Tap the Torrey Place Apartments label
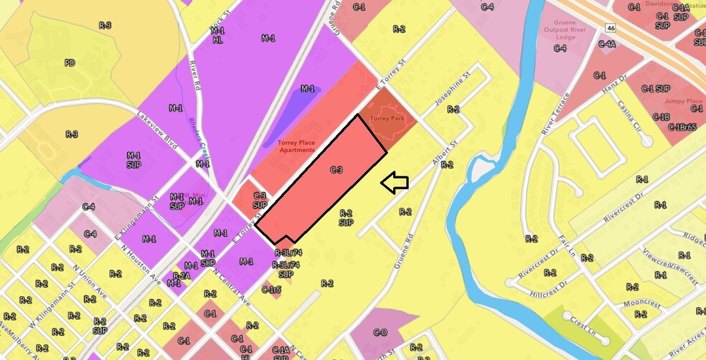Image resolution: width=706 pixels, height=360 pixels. (296, 146)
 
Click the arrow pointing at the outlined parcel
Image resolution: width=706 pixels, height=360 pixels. (394, 183)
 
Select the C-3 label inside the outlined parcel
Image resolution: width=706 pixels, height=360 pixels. (336, 170)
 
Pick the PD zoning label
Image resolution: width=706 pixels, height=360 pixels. (70, 63)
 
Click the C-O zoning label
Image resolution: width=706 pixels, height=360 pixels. (380, 333)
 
